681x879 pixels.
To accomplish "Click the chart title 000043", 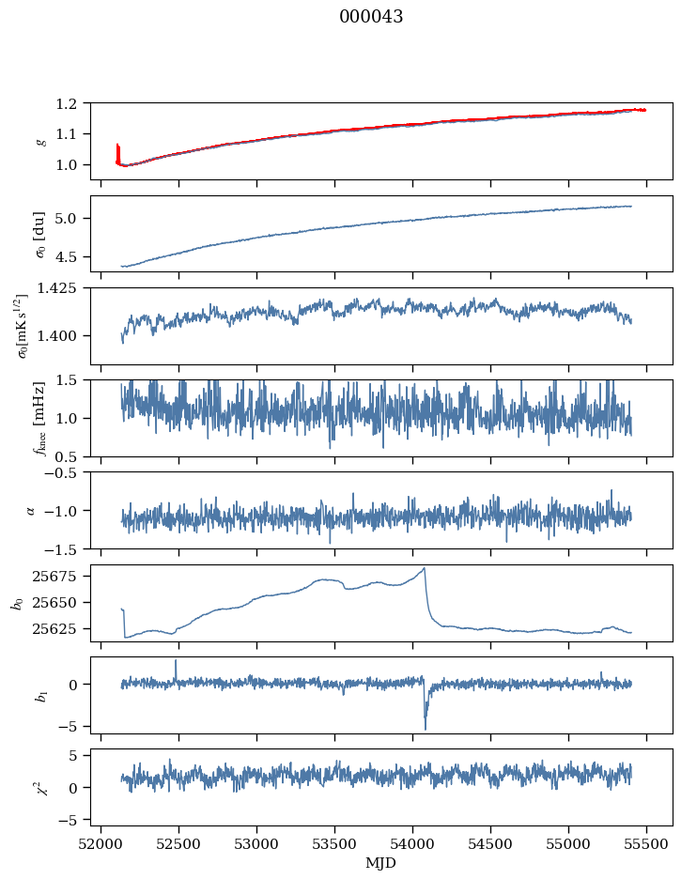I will [371, 17].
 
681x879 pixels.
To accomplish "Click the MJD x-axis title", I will [381, 862].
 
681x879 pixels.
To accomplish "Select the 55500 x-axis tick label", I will [646, 842].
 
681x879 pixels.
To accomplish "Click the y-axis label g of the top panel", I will [40, 141].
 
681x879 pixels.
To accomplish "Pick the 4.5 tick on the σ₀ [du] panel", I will [72, 256].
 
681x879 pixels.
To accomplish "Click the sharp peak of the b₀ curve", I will [425, 568].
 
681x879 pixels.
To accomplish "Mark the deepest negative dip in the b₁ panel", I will [425, 729].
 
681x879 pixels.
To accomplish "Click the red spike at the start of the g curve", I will [117, 147].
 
